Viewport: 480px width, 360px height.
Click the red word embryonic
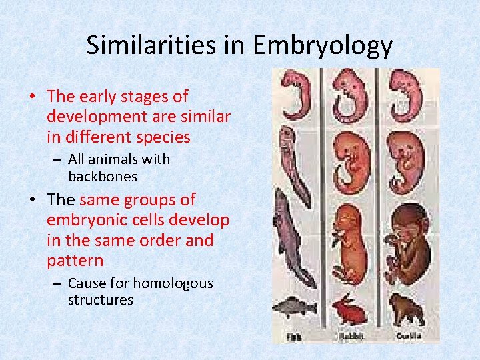pyautogui.click(x=89, y=219)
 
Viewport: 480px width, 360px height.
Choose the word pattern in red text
pyautogui.click(x=75, y=259)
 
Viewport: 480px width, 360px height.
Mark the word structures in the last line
pyautogui.click(x=100, y=300)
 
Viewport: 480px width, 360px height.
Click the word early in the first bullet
pyautogui.click(x=101, y=97)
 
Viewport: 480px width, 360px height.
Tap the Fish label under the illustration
pyautogui.click(x=294, y=337)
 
